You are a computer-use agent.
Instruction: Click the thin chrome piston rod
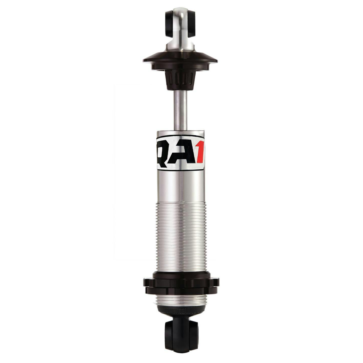pyautogui.click(x=181, y=110)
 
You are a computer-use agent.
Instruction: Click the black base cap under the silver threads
pyautogui.click(x=181, y=312)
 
